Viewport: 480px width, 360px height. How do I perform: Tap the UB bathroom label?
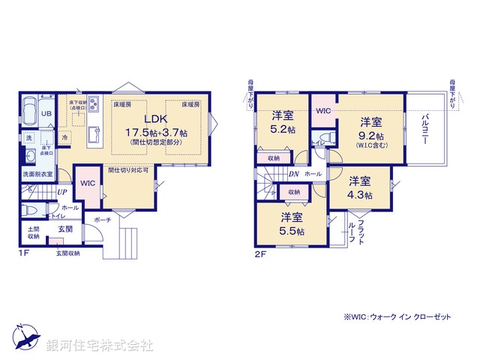click(46, 113)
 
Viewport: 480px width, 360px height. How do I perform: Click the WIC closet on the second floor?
click(323, 111)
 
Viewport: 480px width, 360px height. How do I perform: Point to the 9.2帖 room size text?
click(370, 136)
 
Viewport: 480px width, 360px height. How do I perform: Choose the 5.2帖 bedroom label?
click(283, 129)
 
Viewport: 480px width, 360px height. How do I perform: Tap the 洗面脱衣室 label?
click(36, 174)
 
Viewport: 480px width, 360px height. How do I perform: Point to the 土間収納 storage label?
click(34, 232)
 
